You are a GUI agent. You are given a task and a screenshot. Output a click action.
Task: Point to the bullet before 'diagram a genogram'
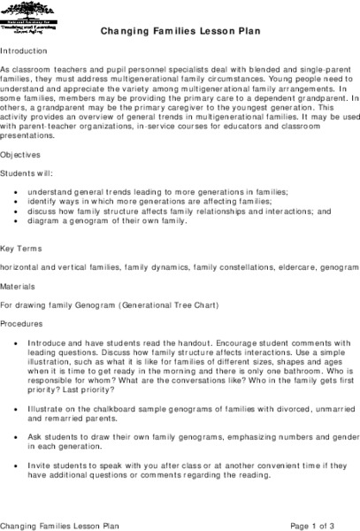coord(19,220)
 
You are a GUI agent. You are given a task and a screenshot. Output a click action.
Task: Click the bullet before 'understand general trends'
coord(19,191)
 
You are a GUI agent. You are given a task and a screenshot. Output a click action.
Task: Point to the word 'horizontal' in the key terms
coord(20,266)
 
